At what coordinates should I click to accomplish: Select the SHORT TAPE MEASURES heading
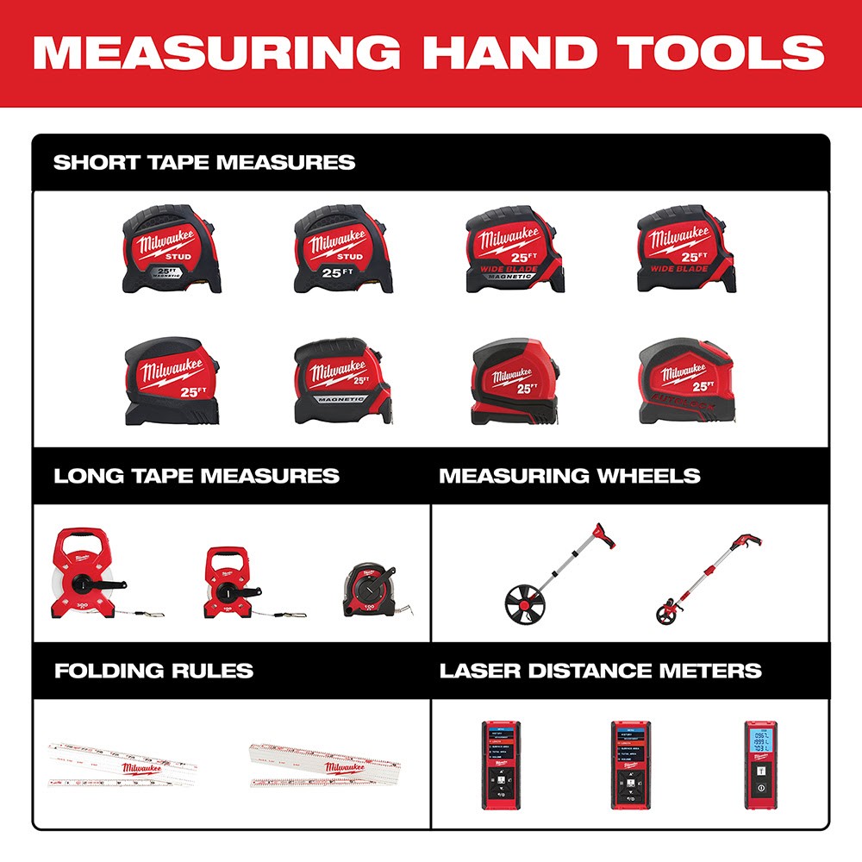click(x=204, y=162)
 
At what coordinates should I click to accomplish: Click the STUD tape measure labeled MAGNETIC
click(x=172, y=249)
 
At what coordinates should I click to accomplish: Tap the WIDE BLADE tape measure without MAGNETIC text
click(x=687, y=249)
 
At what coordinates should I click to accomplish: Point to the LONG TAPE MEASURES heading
click(x=197, y=476)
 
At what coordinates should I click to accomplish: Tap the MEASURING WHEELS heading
click(x=570, y=476)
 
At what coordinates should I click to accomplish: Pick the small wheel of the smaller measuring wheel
click(x=665, y=614)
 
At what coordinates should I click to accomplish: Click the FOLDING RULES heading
click(x=153, y=671)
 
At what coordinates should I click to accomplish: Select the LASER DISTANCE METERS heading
click(x=601, y=671)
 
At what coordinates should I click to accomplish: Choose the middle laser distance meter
click(x=630, y=764)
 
